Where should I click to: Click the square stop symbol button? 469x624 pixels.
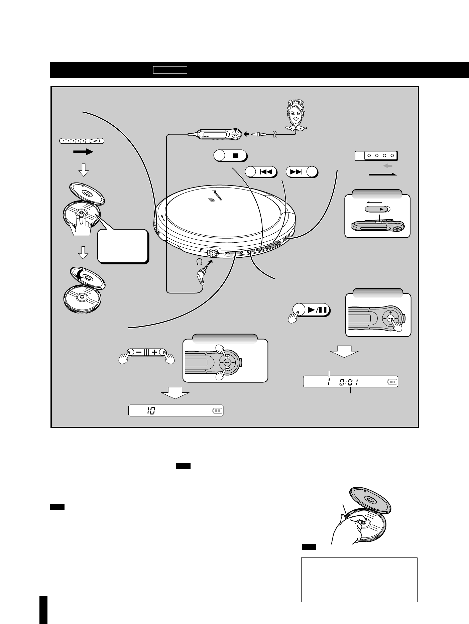[x=235, y=155]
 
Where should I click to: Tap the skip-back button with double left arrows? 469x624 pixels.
[x=266, y=172]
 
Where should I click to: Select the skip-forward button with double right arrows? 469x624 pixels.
[x=296, y=172]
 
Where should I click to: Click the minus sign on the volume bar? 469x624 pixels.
[x=139, y=352]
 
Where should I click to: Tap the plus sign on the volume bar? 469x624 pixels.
[x=154, y=352]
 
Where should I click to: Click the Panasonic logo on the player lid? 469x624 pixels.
[x=217, y=195]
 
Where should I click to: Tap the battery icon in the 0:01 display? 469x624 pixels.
[x=391, y=381]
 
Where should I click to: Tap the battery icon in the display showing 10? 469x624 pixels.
[x=217, y=411]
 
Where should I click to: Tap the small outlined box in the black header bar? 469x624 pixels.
[x=170, y=70]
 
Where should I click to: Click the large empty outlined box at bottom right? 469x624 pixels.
[x=359, y=580]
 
